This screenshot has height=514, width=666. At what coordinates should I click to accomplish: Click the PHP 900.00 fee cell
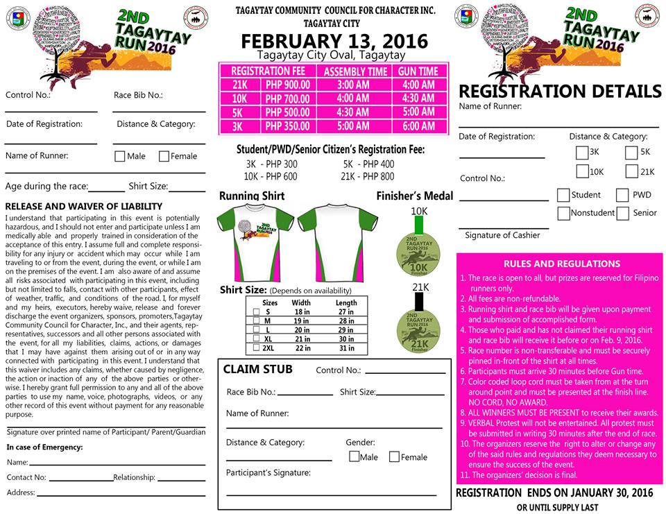coord(287,85)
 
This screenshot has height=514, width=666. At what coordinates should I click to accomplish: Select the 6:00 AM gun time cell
coord(418,126)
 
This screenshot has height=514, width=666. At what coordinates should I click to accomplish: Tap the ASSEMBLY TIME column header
coord(355,71)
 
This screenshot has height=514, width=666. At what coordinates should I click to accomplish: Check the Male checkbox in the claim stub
coord(355,456)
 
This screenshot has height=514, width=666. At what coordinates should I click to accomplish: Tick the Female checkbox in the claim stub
coord(394,456)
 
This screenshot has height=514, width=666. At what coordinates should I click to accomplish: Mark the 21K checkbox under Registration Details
coord(631,171)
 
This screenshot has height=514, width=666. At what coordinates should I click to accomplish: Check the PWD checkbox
coord(622,196)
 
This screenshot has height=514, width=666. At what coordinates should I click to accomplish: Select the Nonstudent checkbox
coord(564,213)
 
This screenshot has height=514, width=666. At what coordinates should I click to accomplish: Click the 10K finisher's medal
coord(420,252)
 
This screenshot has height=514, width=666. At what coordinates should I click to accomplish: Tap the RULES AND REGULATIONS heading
coord(552,264)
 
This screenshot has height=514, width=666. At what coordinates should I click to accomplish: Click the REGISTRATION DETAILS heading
coord(560,91)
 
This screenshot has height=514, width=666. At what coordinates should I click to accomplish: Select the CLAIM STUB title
coord(257,370)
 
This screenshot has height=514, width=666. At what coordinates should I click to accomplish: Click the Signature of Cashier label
coord(502,235)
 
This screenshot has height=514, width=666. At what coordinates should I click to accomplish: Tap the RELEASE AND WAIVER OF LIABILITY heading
coord(83,206)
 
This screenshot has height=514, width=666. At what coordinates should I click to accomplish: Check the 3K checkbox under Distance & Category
coord(581,153)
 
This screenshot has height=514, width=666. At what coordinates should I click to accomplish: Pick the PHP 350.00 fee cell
coord(287,126)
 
